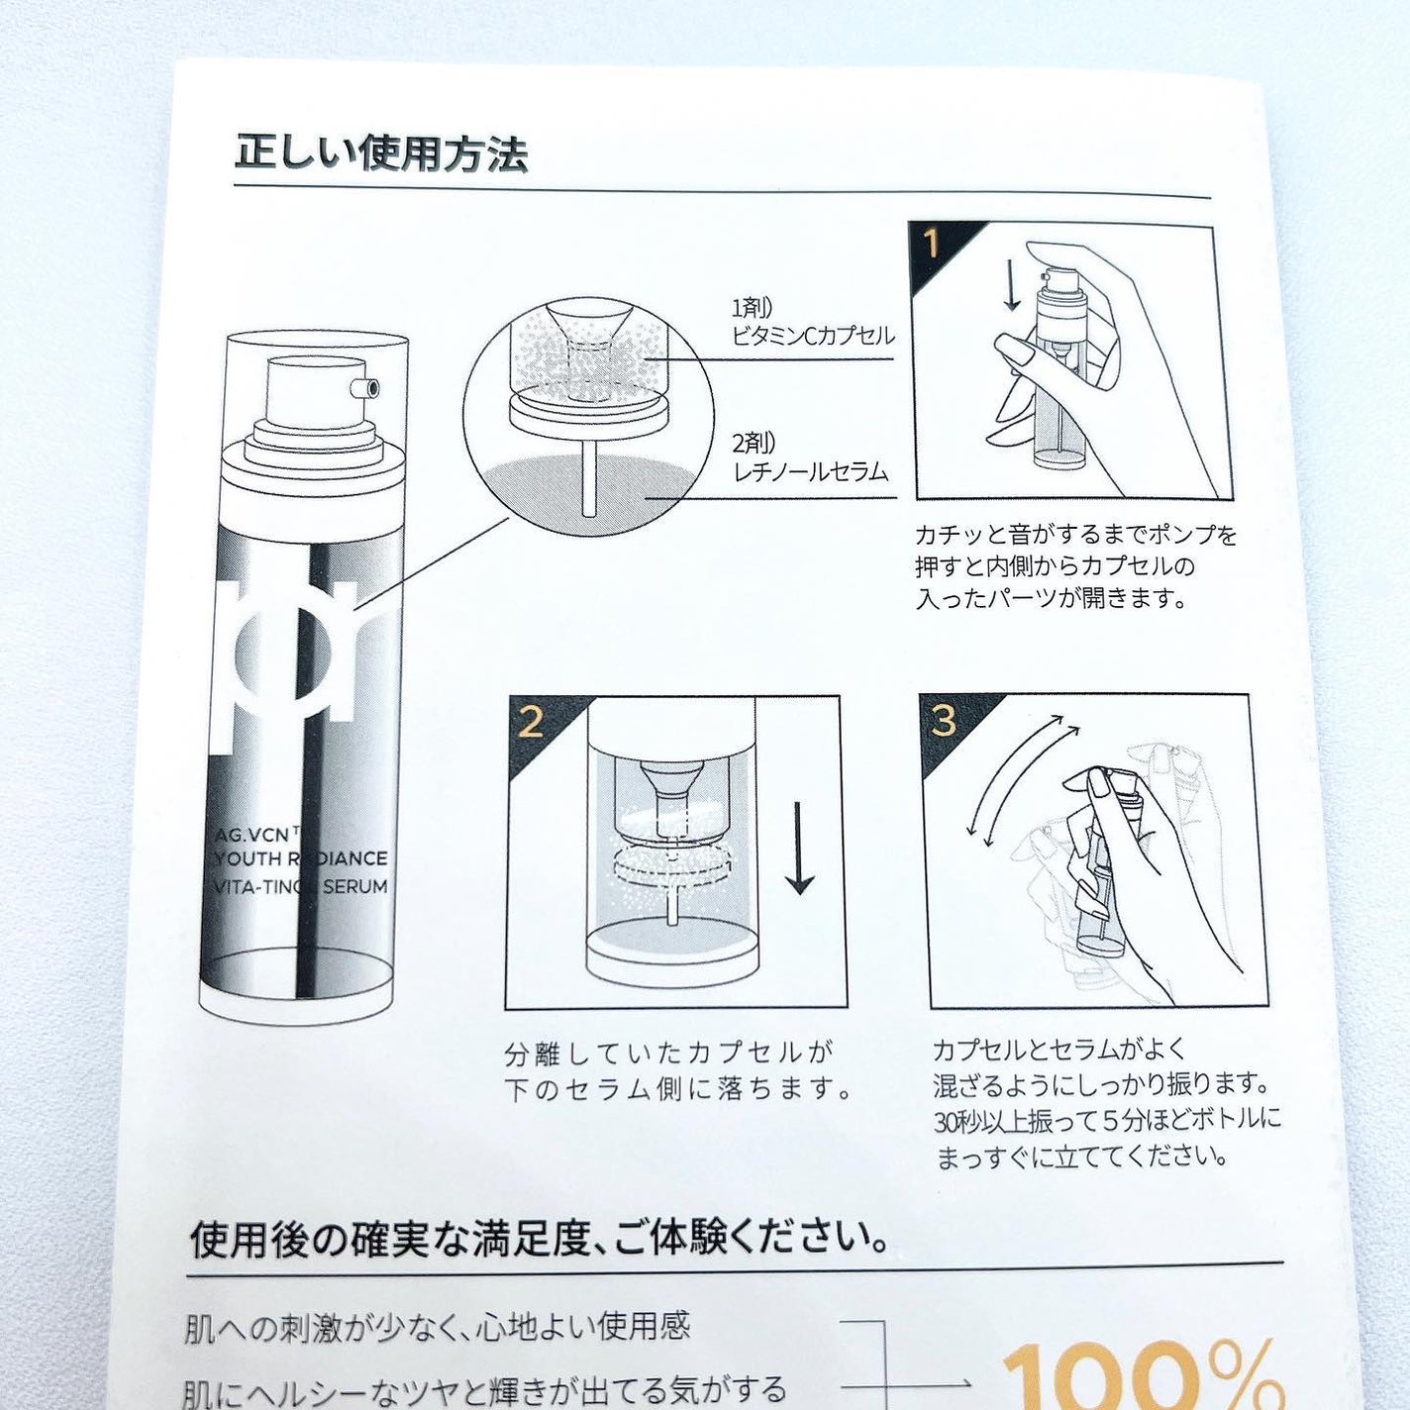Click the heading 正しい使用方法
tap(381, 154)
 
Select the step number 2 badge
tap(532, 722)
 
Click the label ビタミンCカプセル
tap(813, 336)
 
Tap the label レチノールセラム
tap(810, 471)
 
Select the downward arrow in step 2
tap(799, 848)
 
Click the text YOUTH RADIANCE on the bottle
tap(301, 857)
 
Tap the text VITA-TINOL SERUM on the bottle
tap(301, 886)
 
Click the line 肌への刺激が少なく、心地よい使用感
tap(437, 1326)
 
